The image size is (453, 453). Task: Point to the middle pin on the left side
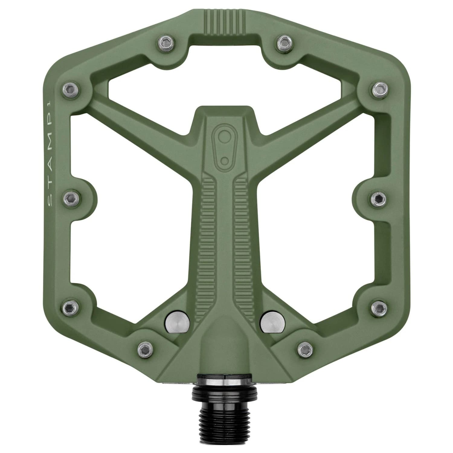(x=71, y=198)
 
